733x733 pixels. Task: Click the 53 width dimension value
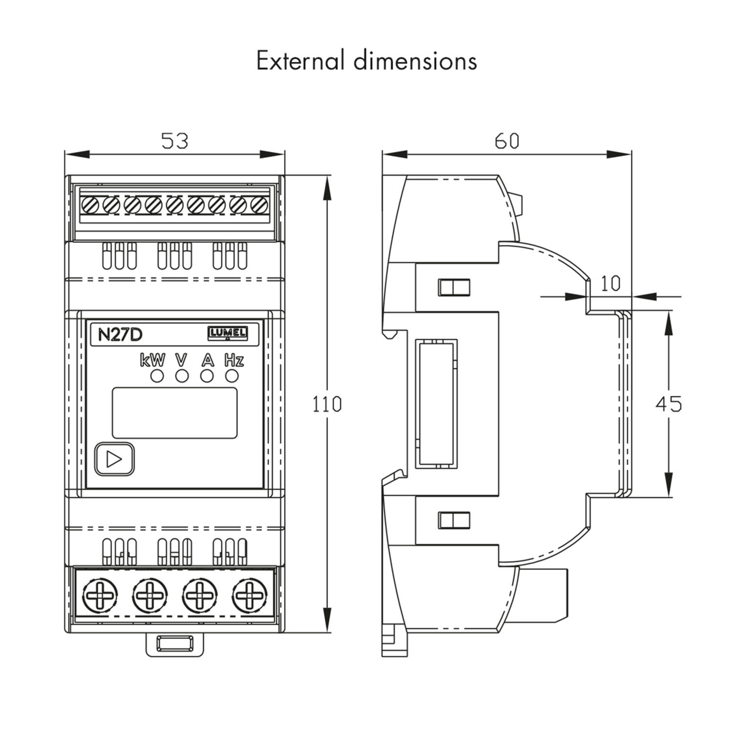(174, 141)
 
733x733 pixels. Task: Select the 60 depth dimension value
(507, 141)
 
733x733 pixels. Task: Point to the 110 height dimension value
(327, 405)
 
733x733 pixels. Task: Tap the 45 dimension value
(668, 404)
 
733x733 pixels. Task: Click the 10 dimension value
(610, 283)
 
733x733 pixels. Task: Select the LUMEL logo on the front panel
(228, 333)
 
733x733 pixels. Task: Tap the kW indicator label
(152, 361)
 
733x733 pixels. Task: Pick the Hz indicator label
(234, 361)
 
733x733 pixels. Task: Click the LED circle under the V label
(182, 376)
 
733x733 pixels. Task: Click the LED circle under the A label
(207, 376)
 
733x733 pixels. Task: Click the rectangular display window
(174, 413)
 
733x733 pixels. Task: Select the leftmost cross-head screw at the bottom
(100, 596)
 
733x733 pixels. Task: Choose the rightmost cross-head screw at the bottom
(250, 596)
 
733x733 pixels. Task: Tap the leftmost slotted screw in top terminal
(90, 205)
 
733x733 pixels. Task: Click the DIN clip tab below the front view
(174, 644)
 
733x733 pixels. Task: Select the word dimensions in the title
(415, 61)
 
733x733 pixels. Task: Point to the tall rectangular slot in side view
(436, 404)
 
